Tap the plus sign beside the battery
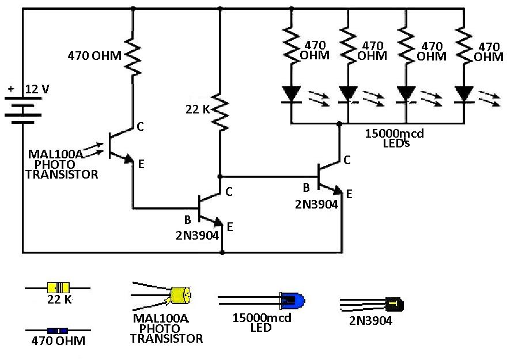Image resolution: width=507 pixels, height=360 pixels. pos(11,89)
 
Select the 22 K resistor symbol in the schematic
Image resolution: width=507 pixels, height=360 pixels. pos(220,111)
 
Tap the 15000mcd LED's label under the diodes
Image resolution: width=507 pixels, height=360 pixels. pos(395,138)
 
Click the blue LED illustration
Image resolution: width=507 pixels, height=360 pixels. pos(292,300)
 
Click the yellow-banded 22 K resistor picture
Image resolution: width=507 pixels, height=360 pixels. pos(58,287)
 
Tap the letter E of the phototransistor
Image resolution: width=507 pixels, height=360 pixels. pos(142,165)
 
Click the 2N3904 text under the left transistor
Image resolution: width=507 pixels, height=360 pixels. pos(194,236)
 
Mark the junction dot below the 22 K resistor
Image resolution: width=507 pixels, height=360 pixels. pos(220,176)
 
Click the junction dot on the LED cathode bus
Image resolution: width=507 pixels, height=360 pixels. pos(340,124)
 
